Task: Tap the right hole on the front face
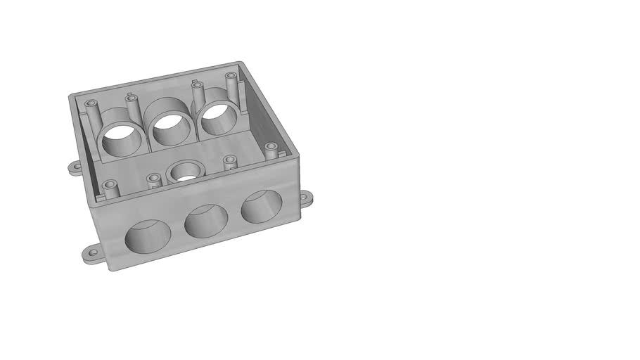point(261,206)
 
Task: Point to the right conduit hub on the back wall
point(219,116)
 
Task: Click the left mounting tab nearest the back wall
point(75,167)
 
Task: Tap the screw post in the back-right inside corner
point(230,78)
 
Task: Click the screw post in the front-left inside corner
point(108,187)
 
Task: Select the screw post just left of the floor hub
point(154,179)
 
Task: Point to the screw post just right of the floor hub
point(229,162)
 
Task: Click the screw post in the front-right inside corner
point(271,149)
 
